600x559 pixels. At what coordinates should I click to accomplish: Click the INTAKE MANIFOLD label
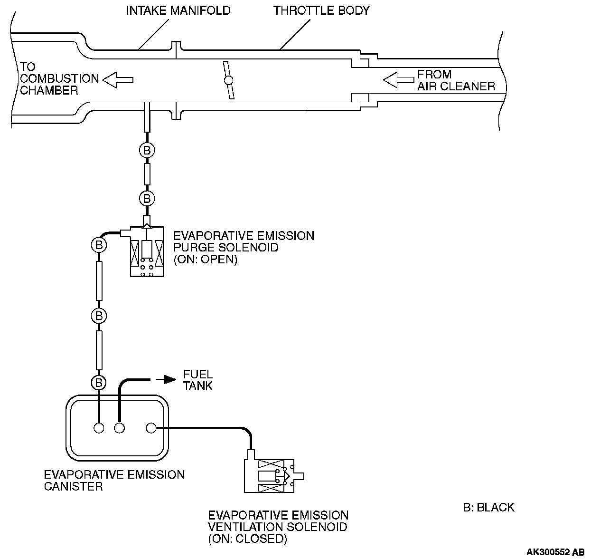pos(178,11)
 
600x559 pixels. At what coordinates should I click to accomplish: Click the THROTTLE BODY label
pos(321,11)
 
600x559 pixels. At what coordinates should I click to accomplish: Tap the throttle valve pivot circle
pos(228,80)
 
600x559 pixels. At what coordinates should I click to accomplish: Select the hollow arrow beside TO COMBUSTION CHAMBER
pos(118,80)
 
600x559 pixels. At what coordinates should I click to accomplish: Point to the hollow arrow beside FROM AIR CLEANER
pos(398,80)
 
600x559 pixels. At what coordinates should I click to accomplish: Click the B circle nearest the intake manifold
pos(147,150)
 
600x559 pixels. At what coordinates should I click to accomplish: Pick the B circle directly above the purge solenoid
pos(147,199)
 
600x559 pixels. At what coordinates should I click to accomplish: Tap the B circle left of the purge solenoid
pos(99,244)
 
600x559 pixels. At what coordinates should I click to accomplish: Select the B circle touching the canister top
pos(99,383)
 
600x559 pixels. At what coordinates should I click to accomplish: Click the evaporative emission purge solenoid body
pos(147,251)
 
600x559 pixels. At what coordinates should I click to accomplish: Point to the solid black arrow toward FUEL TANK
pos(166,379)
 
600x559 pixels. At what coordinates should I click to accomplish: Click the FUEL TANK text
pos(198,380)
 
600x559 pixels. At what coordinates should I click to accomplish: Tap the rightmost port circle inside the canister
pos(151,428)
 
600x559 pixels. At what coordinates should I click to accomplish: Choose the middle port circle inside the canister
pos(119,428)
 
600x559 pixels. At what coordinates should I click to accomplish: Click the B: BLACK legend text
pos(488,507)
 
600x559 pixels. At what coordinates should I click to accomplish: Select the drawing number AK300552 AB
pos(555,552)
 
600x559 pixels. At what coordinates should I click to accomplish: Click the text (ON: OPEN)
pos(206,260)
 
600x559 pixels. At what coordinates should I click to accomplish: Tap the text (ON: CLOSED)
pos(247,539)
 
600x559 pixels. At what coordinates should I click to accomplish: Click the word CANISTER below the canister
pos(74,486)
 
